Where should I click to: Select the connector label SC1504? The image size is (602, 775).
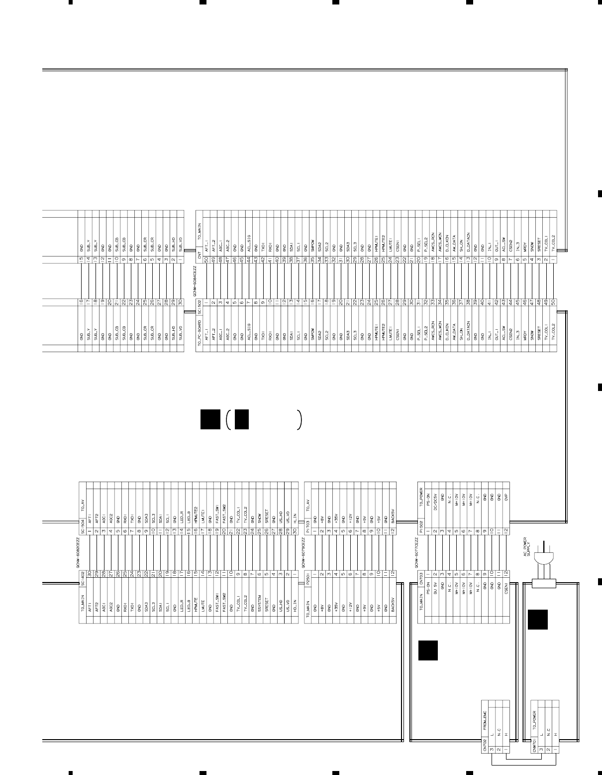click(83, 523)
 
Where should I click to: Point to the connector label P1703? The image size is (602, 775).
click(307, 523)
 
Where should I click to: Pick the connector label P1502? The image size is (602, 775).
click(420, 523)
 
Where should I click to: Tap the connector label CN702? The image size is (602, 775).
click(485, 746)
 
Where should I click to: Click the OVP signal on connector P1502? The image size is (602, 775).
click(506, 503)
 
